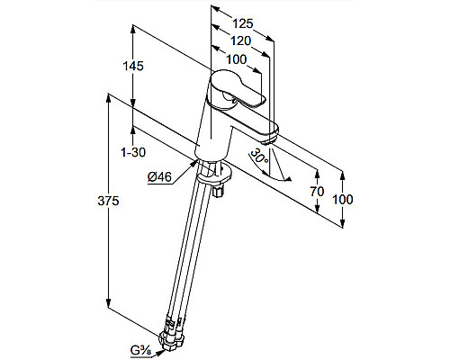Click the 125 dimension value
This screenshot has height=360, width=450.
tap(243, 23)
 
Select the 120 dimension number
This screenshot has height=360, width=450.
tap(240, 40)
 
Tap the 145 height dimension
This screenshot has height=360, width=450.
tap(133, 66)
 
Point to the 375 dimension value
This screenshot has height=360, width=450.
tap(108, 201)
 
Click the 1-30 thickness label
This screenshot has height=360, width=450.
tap(133, 152)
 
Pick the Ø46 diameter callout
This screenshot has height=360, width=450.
tap(159, 177)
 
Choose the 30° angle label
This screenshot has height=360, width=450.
tap(259, 156)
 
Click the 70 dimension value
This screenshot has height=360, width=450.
tap(317, 191)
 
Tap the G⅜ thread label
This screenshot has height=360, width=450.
tap(140, 350)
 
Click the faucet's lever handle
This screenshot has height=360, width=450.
tap(237, 88)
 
